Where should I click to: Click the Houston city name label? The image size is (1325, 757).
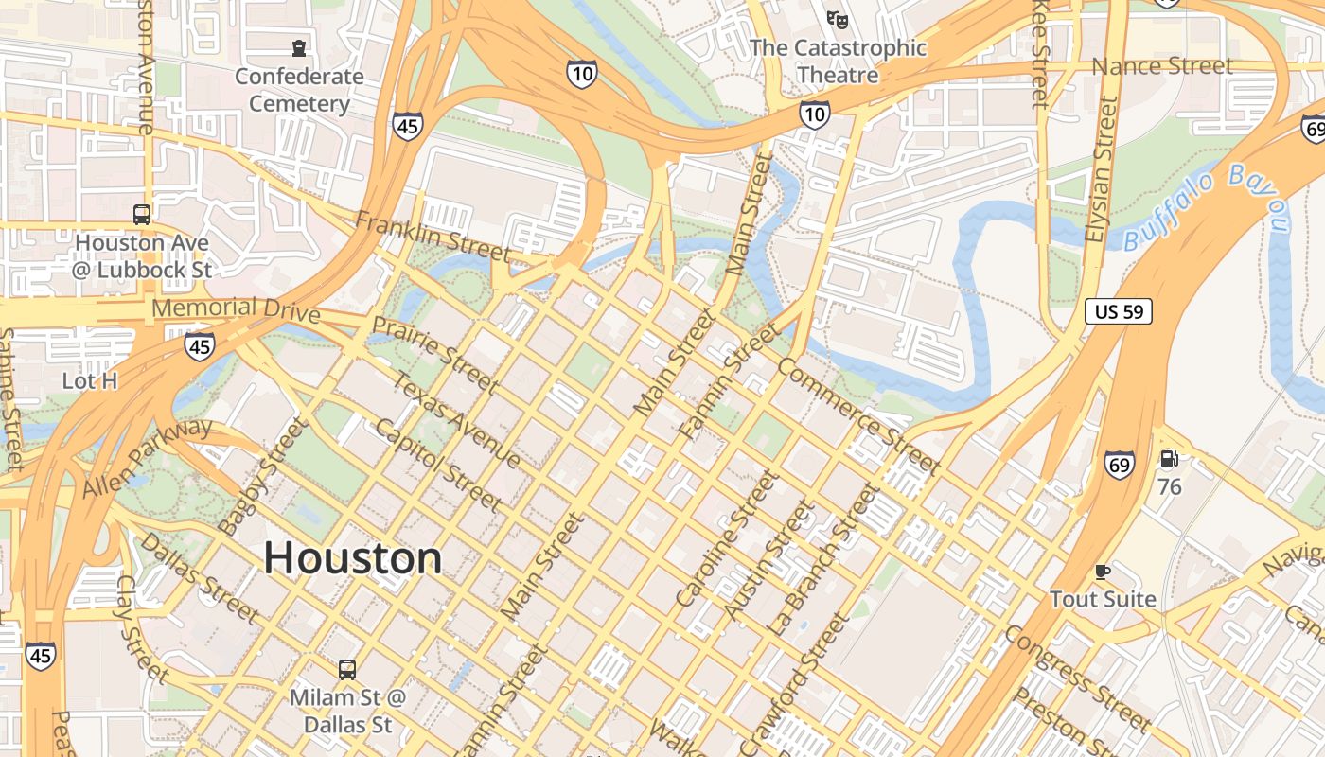352,558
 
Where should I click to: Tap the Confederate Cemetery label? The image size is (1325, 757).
299,90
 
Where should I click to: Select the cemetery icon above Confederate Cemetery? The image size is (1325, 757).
300,47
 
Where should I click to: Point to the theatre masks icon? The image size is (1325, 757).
837,18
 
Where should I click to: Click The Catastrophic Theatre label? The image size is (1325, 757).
838,61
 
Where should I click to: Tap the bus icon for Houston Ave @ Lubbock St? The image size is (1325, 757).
142,215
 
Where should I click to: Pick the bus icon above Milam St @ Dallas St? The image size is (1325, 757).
347,670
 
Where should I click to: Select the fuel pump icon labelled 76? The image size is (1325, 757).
1170,460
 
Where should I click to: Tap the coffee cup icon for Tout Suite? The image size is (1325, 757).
1103,572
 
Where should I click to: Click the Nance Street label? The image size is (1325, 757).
1162,66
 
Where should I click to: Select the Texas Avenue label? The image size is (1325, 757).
455,420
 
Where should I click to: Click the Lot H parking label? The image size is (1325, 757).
89,381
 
